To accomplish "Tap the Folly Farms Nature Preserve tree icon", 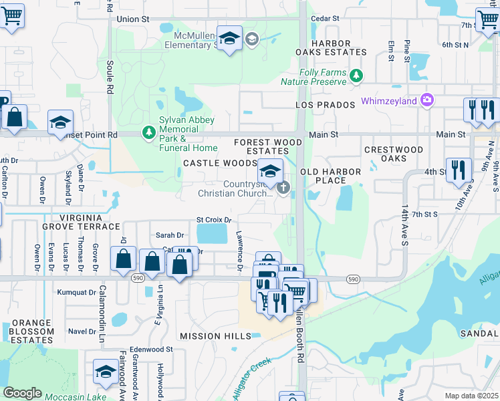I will tap(357, 74).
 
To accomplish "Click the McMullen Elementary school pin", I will tap(229, 40).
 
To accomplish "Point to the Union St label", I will tap(132, 19).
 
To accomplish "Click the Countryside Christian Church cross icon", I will tap(283, 188).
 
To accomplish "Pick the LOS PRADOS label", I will tap(324, 106).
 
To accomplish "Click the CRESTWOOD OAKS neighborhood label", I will tap(394, 154).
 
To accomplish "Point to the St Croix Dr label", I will tap(213, 219).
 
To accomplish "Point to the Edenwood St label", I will tap(151, 349).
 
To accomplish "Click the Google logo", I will tap(22, 393).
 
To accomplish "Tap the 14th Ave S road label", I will tap(404, 225).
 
